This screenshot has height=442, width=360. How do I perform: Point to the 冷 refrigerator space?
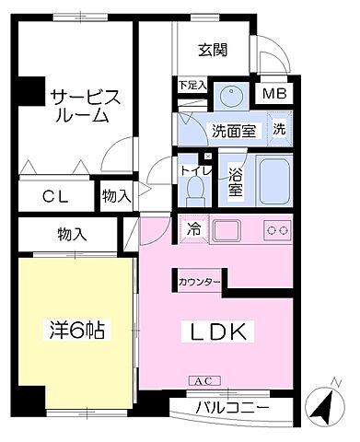click(194, 227)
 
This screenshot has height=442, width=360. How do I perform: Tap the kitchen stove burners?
click(277, 227)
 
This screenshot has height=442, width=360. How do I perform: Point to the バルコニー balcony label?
click(233, 407)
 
